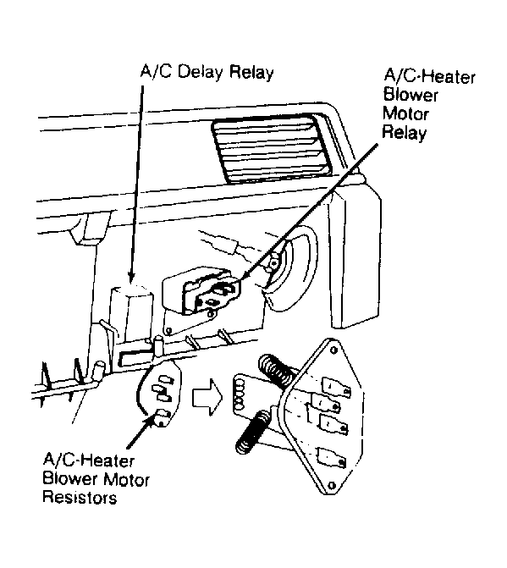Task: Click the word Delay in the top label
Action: click(x=201, y=73)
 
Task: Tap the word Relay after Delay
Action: click(x=251, y=73)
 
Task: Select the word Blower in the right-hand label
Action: click(x=411, y=96)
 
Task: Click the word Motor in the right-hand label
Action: click(x=405, y=113)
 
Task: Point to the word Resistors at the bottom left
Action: click(x=80, y=497)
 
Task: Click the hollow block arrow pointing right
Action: click(x=207, y=397)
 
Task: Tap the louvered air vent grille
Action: click(x=271, y=150)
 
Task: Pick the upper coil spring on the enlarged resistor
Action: click(x=276, y=370)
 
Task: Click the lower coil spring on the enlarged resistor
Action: click(x=252, y=433)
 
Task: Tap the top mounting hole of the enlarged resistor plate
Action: click(x=333, y=350)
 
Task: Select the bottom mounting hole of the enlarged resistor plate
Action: click(x=332, y=485)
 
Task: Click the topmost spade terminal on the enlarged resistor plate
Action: click(x=336, y=387)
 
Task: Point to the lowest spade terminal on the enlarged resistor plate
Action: click(x=331, y=457)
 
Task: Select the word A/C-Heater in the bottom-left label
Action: click(x=89, y=460)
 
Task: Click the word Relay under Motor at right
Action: click(x=405, y=133)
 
